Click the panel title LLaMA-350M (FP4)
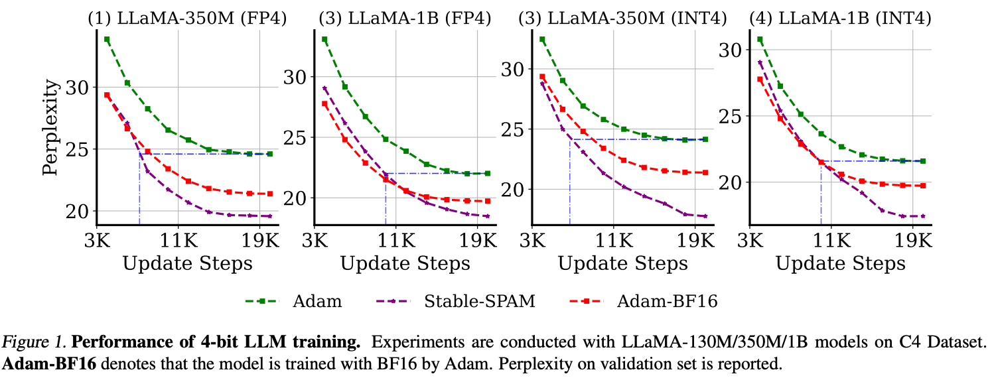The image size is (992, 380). (188, 19)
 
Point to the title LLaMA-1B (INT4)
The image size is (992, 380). (840, 19)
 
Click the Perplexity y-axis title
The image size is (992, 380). (51, 127)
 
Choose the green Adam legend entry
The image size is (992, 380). (294, 302)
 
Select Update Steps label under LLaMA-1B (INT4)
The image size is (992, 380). (840, 263)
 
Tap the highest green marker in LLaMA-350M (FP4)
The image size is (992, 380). (107, 39)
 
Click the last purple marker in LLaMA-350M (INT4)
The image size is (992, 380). (705, 216)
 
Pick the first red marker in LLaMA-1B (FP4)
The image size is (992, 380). (324, 103)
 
